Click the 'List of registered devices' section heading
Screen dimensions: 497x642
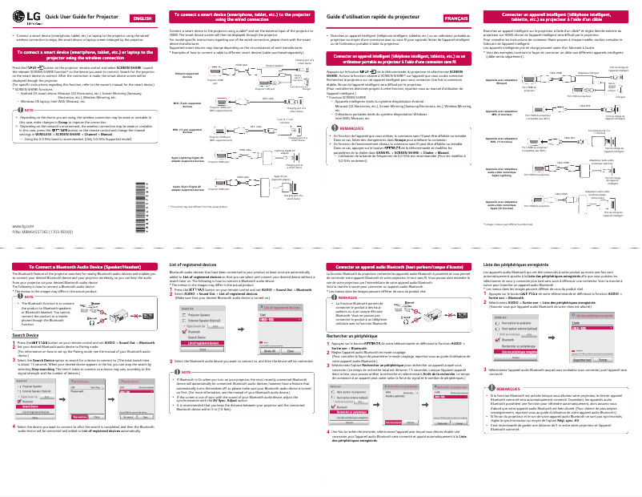point(195,263)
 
